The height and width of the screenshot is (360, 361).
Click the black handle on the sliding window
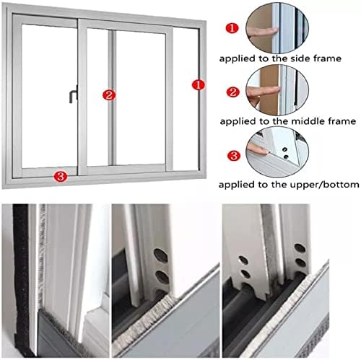tap(72, 94)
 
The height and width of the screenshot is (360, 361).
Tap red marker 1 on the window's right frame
tap(196, 85)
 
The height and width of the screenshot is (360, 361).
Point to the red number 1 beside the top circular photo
tap(230, 28)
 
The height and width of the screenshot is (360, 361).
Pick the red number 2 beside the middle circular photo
tap(231, 92)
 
